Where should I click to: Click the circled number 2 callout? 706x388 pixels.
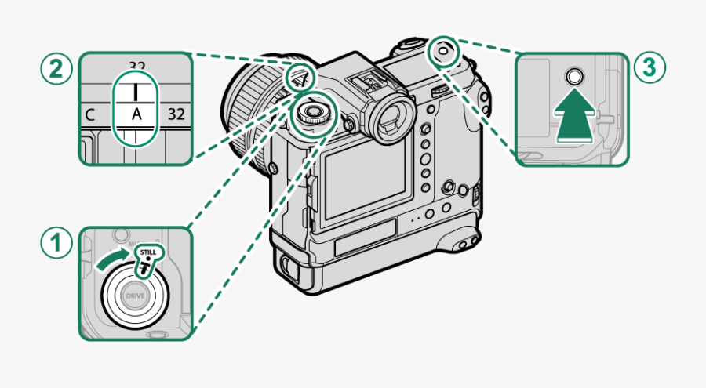tap(54, 69)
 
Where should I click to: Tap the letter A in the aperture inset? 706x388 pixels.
tap(136, 114)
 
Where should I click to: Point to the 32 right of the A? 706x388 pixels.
tap(176, 114)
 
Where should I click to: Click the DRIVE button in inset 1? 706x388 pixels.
tap(134, 297)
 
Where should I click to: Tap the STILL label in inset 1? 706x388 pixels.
tap(147, 252)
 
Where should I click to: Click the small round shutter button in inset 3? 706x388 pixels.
tap(573, 77)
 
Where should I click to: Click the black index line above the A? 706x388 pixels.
tap(136, 88)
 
